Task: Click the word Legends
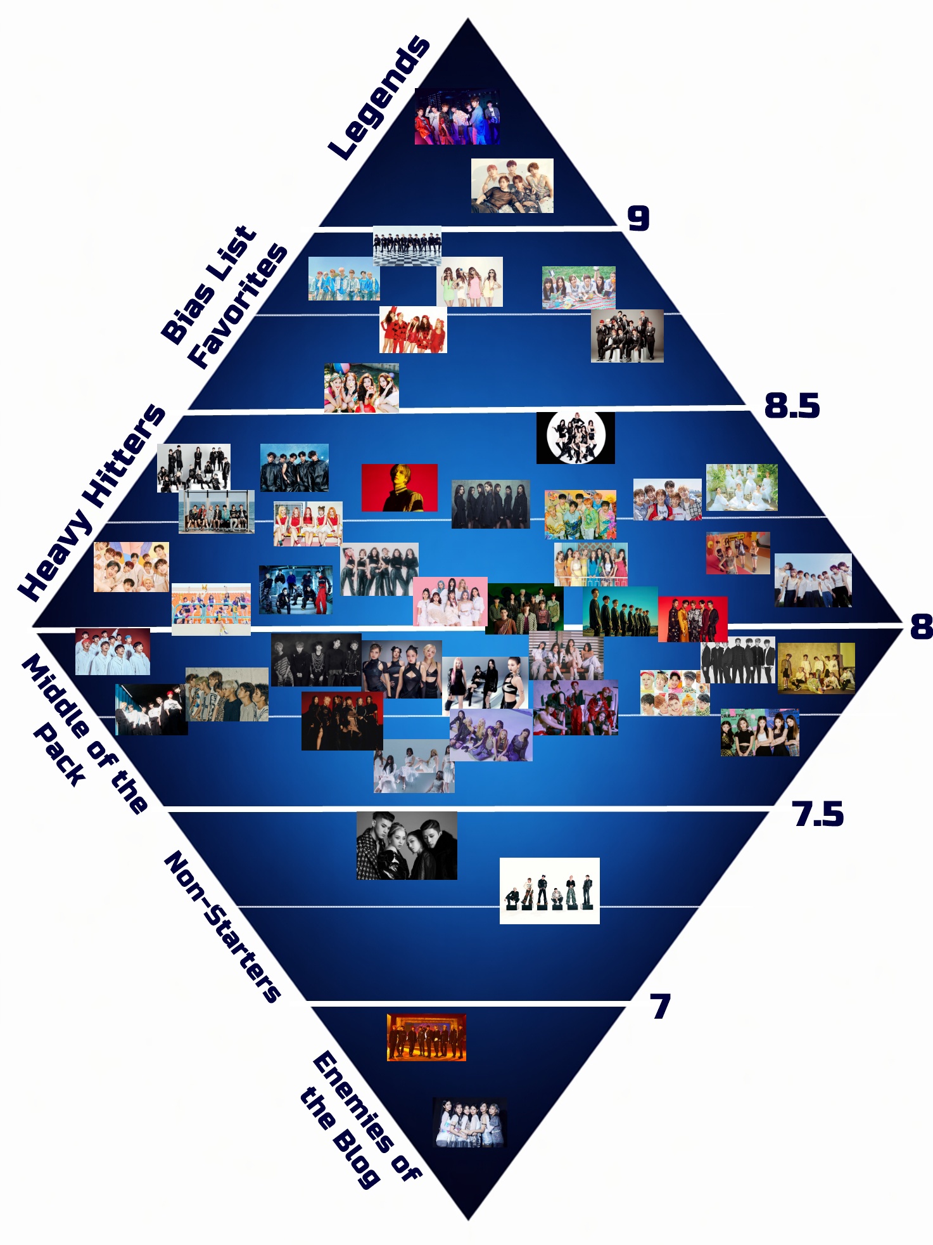(x=379, y=98)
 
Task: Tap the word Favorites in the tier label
(x=238, y=306)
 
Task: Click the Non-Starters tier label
(x=222, y=927)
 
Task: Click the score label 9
(x=638, y=218)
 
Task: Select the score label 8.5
(x=792, y=406)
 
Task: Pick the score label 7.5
(x=818, y=814)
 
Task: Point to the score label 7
(x=660, y=1007)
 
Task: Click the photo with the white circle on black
(x=576, y=437)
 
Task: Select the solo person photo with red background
(x=400, y=487)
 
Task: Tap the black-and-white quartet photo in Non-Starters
(x=407, y=846)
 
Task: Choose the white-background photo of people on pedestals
(x=550, y=891)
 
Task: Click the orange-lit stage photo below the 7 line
(x=426, y=1038)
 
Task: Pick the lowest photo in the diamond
(x=470, y=1123)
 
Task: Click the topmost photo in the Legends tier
(x=457, y=117)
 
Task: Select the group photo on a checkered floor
(x=407, y=246)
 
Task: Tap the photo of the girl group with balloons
(x=362, y=388)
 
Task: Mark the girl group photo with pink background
(x=450, y=601)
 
